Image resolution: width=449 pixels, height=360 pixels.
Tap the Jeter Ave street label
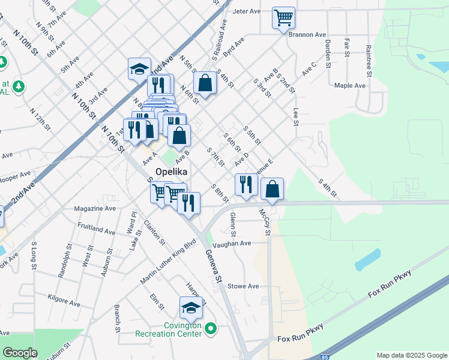[246, 11]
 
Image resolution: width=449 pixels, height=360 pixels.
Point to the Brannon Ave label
[307, 34]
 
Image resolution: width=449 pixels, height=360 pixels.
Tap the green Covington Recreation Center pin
[210, 328]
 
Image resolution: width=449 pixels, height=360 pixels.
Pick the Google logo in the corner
[20, 353]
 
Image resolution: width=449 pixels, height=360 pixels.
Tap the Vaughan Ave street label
[237, 243]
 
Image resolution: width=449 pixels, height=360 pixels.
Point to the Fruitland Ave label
[96, 230]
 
